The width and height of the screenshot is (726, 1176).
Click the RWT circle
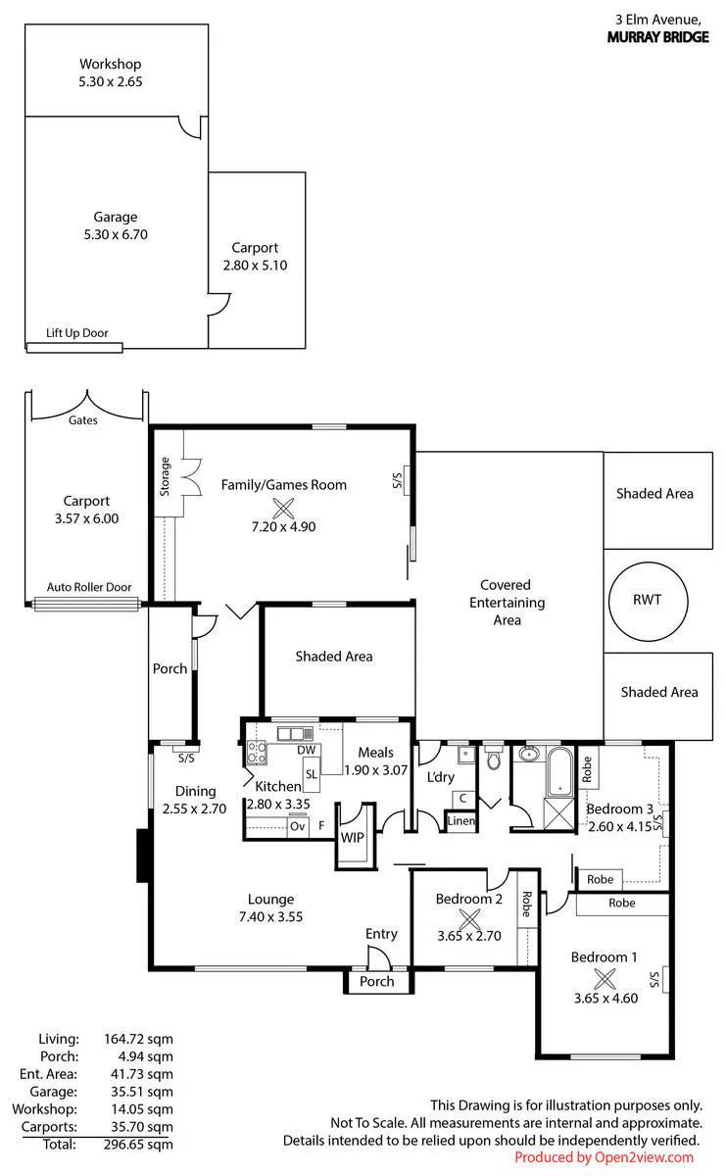pos(610,601)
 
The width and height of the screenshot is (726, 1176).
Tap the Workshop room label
pos(111,64)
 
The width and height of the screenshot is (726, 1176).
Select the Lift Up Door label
pos(76,333)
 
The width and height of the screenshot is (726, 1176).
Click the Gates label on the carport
pos(83,420)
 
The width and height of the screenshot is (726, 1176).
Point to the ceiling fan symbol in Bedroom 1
pos(605,979)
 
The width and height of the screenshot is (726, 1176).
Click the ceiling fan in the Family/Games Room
pos(283,509)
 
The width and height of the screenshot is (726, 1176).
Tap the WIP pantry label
pos(353,837)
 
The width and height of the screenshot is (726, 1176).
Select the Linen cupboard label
pos(460,820)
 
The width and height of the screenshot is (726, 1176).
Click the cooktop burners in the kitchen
pos(257,752)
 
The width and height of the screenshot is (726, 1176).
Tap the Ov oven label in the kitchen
pos(297,826)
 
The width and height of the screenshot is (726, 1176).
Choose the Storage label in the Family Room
pos(165,476)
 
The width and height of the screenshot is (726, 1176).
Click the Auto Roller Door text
pos(89,587)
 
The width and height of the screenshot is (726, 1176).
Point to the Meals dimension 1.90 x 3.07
pos(376,769)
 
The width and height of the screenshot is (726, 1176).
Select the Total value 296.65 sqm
pos(138,1144)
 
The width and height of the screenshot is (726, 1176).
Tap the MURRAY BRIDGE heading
pos(657,37)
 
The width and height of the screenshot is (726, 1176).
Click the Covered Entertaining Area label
pos(507,602)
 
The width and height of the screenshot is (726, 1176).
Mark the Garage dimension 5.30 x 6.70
pos(116,234)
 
